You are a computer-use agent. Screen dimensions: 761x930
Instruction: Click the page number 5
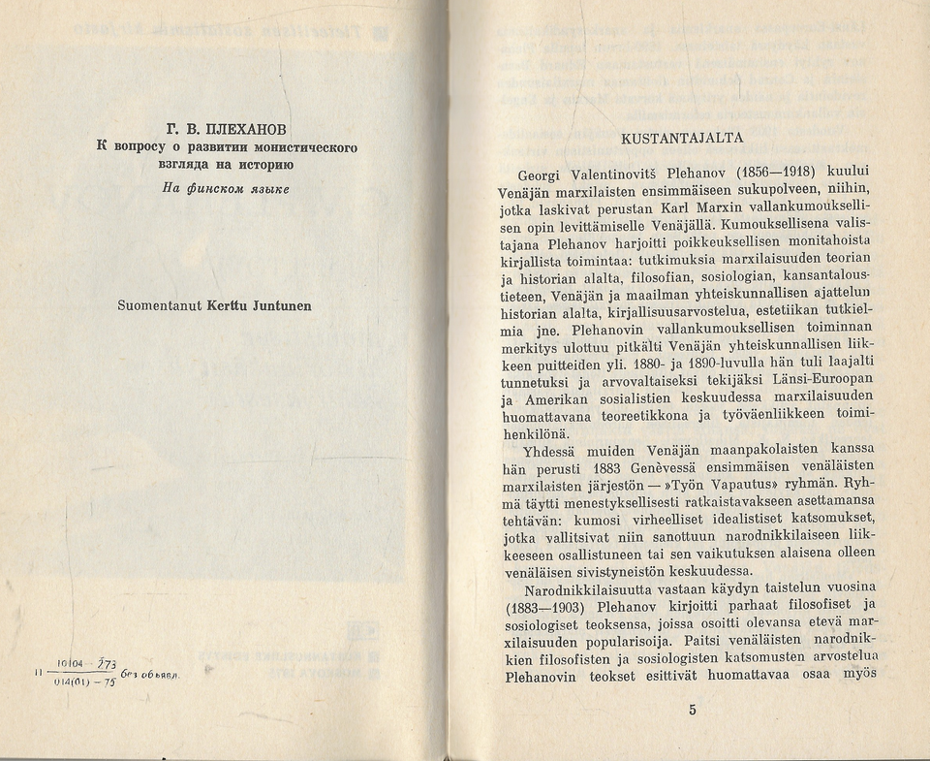[x=693, y=710]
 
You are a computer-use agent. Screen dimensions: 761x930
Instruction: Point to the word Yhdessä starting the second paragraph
[x=552, y=450]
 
